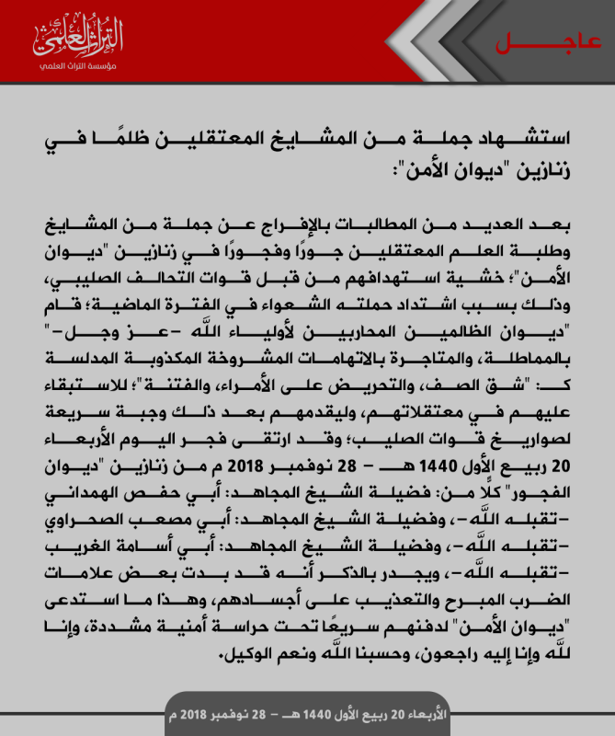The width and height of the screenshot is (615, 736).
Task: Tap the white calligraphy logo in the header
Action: coord(78,38)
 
